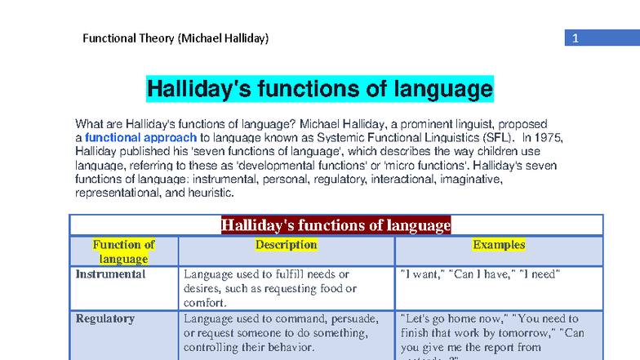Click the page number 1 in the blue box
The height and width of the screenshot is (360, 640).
pos(575,38)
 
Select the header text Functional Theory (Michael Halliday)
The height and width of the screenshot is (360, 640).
pos(176,38)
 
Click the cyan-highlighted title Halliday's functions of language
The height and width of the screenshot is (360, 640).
pos(320,88)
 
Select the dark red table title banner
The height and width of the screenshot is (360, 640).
pos(336,225)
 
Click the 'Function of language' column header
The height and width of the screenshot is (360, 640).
pos(123,251)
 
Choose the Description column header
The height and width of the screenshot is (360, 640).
pos(286,245)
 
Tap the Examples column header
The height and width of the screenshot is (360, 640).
pos(499,245)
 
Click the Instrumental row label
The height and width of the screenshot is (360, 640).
pos(110,274)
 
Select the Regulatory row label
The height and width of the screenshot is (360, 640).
pos(105,318)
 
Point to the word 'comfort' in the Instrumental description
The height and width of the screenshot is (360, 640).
pos(203,303)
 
